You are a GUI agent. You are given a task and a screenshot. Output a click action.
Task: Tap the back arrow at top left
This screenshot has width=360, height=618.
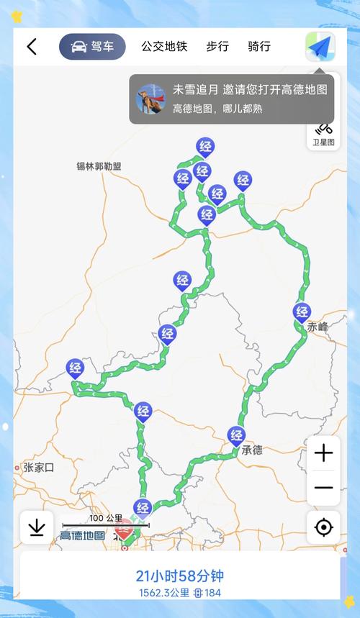pos(32,47)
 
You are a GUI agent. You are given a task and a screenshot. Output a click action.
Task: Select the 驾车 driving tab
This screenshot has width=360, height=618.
pos(92,47)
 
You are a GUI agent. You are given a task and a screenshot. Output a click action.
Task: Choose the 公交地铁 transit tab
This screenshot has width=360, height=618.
pos(164,47)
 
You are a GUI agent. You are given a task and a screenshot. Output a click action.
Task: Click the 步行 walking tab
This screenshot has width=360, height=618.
pos(217,47)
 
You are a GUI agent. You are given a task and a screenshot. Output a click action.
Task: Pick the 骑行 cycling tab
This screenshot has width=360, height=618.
pos(259,47)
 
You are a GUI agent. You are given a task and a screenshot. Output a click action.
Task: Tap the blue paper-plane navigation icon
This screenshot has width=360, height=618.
pos(320,47)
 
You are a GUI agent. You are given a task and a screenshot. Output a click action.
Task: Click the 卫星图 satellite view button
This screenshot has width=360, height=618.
pos(323,134)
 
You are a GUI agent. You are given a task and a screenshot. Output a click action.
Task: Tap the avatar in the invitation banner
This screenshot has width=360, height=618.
pos(151,99)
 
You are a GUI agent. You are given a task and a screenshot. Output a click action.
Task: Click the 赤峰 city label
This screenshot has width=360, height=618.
pos(318,327)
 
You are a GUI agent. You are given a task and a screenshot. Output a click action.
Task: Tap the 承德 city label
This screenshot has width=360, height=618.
pos(252,451)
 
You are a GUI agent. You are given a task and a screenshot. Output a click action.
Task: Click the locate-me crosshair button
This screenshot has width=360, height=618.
pos(323,527)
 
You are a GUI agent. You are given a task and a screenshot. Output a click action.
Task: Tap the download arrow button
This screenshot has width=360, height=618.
pos(37,527)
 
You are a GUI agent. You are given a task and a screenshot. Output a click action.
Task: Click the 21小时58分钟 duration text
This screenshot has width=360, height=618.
pos(180,576)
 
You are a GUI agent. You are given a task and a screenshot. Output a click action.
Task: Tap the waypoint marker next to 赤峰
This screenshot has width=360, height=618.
pos(302,313)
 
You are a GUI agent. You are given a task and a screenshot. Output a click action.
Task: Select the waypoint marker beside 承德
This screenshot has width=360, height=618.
pos(235,435)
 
